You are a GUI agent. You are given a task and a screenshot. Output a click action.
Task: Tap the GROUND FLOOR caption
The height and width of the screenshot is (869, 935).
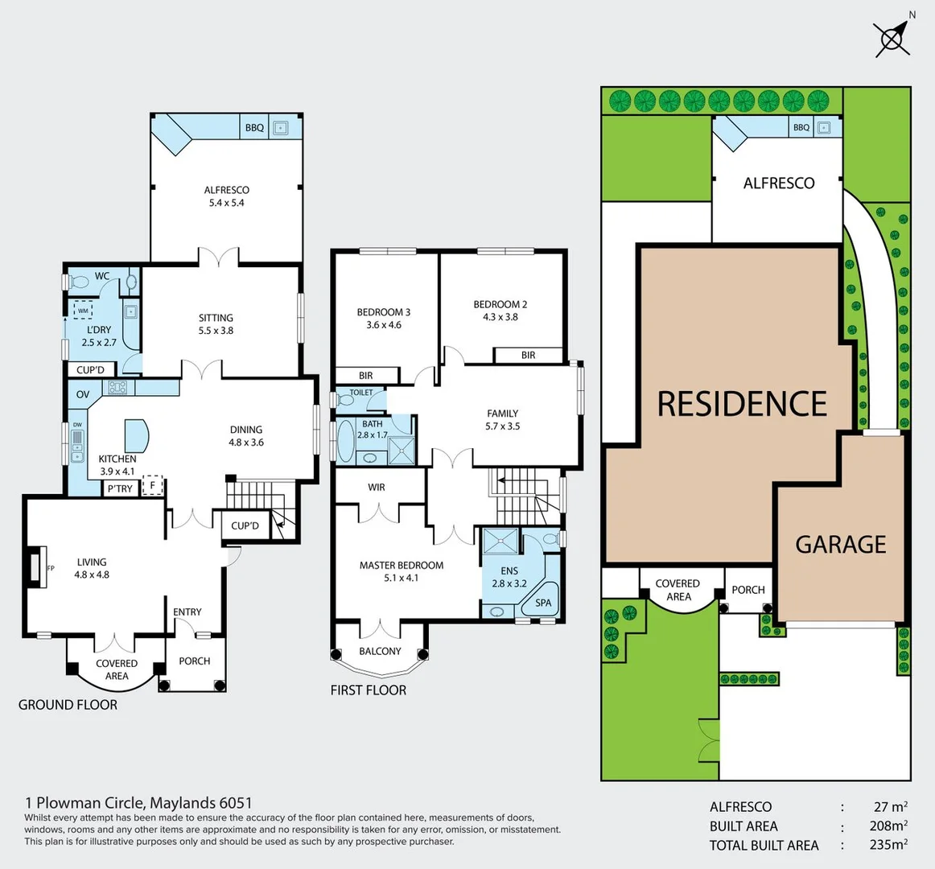pos(68,705)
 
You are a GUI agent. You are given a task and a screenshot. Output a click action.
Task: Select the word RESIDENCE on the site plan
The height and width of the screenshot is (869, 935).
pos(742,404)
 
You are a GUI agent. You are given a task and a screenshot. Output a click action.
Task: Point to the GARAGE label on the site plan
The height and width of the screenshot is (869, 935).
pos(841,545)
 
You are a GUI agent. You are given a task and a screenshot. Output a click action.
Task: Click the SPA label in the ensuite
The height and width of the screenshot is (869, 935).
pos(544,603)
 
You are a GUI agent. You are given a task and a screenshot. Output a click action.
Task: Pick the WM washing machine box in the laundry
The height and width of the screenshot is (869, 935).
pos(83,311)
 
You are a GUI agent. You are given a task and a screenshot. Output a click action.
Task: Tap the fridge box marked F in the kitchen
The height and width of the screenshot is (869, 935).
pos(152,486)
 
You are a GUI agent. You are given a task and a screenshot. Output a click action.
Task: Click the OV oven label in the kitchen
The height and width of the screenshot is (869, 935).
pos(83,394)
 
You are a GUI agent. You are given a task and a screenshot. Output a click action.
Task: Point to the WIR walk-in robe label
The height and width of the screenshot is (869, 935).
pos(377,488)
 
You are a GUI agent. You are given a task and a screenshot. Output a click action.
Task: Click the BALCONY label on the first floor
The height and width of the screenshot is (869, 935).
pos(380,652)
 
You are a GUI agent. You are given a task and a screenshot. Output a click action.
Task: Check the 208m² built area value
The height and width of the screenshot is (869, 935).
pos(888,826)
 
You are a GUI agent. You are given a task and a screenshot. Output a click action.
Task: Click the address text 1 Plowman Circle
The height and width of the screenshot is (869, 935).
pos(138,802)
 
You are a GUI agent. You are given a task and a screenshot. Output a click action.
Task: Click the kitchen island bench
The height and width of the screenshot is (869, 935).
pos(136,435)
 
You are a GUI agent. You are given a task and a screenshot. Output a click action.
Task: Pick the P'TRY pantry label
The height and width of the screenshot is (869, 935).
pos(120,488)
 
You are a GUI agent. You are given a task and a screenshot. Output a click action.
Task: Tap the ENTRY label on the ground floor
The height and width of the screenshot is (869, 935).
pos(187,612)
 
